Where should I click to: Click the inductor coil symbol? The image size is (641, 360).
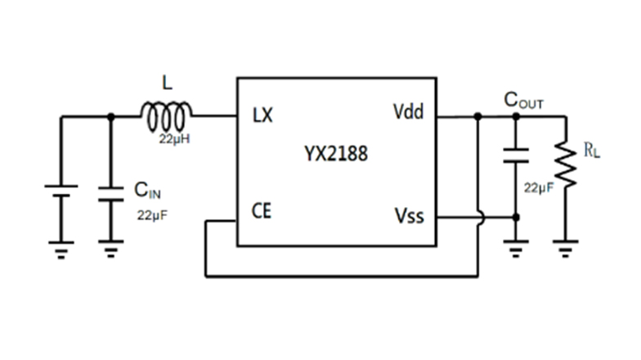(x=168, y=116)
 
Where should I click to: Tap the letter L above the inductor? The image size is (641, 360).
(x=168, y=83)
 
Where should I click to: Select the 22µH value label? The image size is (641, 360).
(x=175, y=139)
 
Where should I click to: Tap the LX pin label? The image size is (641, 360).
(x=262, y=115)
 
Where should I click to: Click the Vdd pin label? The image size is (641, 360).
(x=409, y=112)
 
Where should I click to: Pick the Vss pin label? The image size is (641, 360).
(x=409, y=215)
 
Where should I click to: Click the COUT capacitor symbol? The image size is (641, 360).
(x=515, y=155)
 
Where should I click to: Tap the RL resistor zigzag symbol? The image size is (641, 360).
(x=566, y=164)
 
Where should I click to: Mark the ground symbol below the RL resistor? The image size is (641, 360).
(x=566, y=246)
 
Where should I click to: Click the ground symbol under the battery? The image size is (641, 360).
(x=61, y=246)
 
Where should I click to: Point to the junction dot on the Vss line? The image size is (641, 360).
(x=515, y=217)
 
